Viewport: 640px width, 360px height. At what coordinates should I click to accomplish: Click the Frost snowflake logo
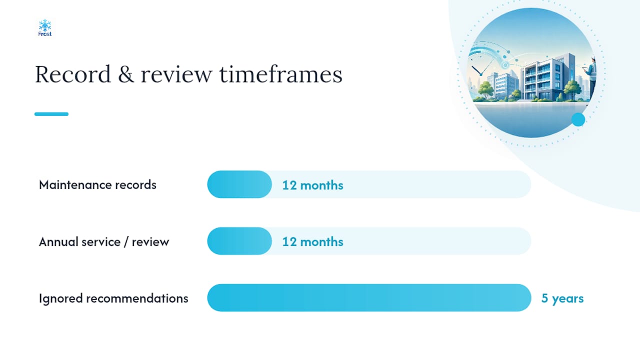[45, 27]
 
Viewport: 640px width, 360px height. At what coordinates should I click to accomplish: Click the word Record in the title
[72, 74]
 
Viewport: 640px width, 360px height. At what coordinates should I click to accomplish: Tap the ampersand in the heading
[125, 74]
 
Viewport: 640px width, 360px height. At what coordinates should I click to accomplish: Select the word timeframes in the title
[281, 74]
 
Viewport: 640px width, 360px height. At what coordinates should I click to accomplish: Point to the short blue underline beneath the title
[51, 114]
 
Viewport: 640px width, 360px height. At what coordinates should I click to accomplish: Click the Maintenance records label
[97, 184]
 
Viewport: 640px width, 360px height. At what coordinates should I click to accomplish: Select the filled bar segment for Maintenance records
[239, 184]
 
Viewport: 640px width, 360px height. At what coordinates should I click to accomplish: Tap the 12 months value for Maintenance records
[313, 185]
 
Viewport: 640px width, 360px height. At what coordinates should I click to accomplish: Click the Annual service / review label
[104, 241]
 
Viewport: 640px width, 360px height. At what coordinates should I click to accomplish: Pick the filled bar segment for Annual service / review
[239, 241]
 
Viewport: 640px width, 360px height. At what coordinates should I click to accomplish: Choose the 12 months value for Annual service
[313, 241]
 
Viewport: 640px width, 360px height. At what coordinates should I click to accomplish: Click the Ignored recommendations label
[113, 298]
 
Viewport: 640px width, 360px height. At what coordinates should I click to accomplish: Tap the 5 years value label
[562, 298]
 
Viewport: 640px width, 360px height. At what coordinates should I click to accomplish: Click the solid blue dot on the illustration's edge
[578, 119]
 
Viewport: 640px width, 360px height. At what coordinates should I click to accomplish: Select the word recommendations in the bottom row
[137, 298]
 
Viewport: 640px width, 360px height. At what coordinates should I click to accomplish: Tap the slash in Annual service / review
[126, 241]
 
